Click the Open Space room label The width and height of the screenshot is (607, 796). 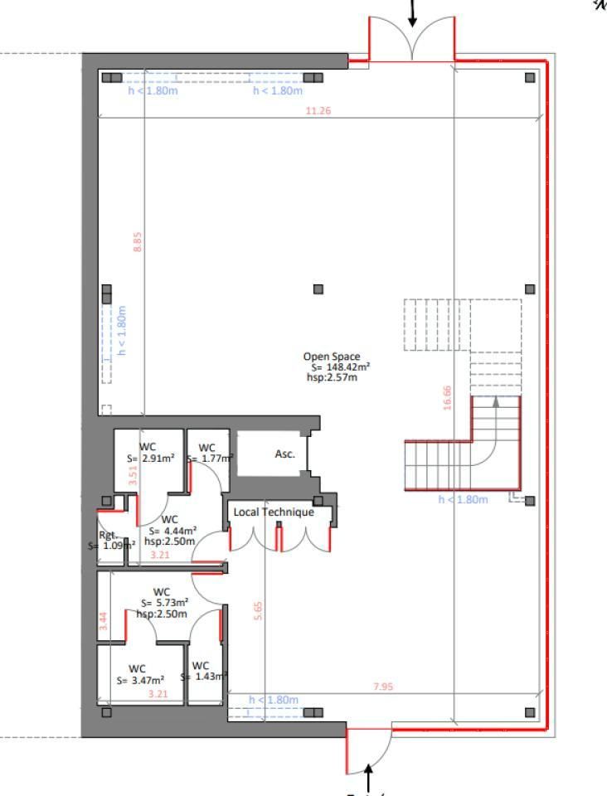pos(332,357)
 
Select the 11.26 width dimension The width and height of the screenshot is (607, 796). pos(318,110)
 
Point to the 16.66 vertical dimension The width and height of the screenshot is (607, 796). pos(447,398)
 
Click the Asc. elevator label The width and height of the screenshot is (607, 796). pos(284,454)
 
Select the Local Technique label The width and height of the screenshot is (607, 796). pos(274,512)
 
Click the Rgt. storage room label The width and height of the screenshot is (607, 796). pos(108,536)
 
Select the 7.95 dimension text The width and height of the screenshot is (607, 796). pos(383,687)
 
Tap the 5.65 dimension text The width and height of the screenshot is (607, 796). pos(258,611)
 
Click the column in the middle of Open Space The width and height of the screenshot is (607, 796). pos(318,289)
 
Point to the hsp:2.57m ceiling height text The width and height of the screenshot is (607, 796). pos(332,377)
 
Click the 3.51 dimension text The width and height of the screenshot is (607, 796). pos(132,475)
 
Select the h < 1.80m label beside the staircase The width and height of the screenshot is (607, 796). pos(463,499)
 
